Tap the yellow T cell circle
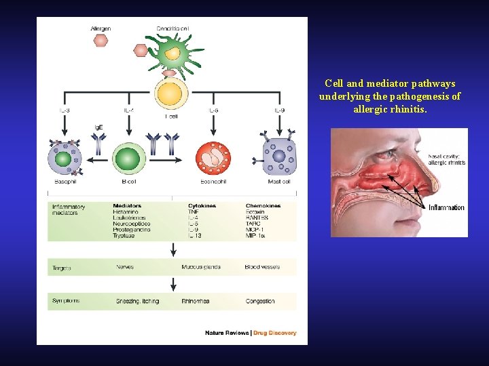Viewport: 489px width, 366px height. [170, 93]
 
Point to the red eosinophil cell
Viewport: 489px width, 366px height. [213, 159]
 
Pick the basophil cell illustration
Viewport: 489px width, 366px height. [64, 159]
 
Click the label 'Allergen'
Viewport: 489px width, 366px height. [101, 28]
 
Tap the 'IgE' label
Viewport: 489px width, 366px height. [98, 127]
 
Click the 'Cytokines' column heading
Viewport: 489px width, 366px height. [202, 205]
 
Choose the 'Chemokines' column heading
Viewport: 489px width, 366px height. [263, 205]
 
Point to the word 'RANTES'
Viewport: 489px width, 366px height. [257, 218]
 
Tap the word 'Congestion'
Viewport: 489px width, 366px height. [260, 301]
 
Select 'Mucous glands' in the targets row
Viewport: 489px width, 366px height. [201, 267]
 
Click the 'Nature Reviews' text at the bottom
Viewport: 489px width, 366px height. [227, 333]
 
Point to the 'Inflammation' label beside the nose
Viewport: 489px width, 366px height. [446, 207]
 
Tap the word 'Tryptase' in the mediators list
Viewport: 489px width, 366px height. [127, 236]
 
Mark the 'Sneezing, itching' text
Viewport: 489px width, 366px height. [137, 301]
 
